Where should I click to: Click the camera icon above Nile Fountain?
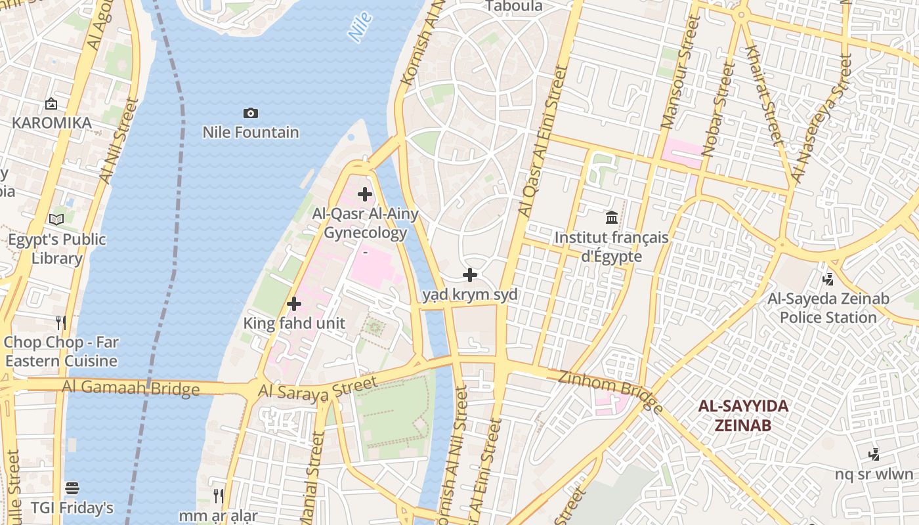pyautogui.click(x=250, y=114)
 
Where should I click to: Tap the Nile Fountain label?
pyautogui.click(x=250, y=133)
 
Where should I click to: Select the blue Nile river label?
pyautogui.click(x=360, y=28)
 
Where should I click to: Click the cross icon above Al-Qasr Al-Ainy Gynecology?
pyautogui.click(x=365, y=194)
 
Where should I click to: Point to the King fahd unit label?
pyautogui.click(x=294, y=323)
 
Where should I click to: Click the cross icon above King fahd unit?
pyautogui.click(x=294, y=304)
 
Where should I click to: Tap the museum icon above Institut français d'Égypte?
pyautogui.click(x=612, y=217)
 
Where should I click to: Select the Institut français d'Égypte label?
pyautogui.click(x=612, y=246)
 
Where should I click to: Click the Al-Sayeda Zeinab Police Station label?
pyautogui.click(x=828, y=308)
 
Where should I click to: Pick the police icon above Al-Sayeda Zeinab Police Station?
pyautogui.click(x=828, y=280)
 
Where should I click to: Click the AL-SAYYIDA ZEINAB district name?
pyautogui.click(x=742, y=415)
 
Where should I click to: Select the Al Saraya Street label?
pyautogui.click(x=318, y=387)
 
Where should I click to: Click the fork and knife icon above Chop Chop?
pyautogui.click(x=61, y=322)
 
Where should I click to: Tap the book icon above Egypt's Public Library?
pyautogui.click(x=56, y=219)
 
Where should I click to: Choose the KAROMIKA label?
pyautogui.click(x=51, y=123)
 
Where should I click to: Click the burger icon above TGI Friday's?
pyautogui.click(x=72, y=488)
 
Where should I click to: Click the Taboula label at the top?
pyautogui.click(x=514, y=7)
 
